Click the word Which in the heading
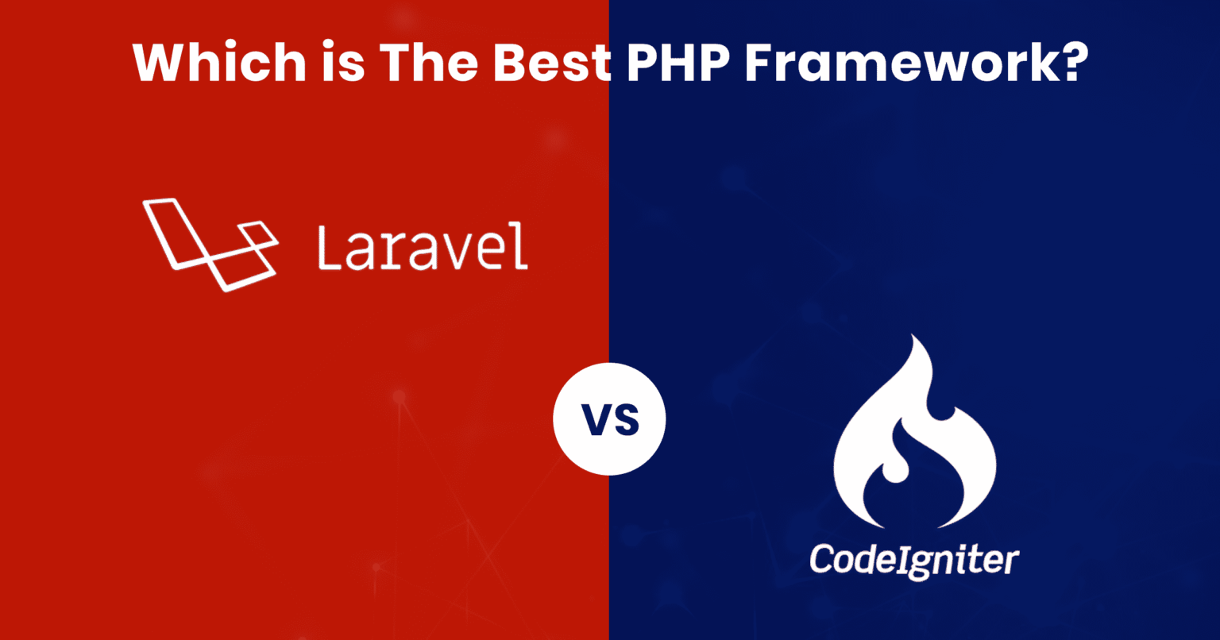tap(215, 61)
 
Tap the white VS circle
tap(609, 420)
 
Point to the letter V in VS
tap(594, 420)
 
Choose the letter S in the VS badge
tap(626, 420)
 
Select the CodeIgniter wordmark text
tap(914, 561)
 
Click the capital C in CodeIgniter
tap(822, 559)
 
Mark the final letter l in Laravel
tap(522, 245)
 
